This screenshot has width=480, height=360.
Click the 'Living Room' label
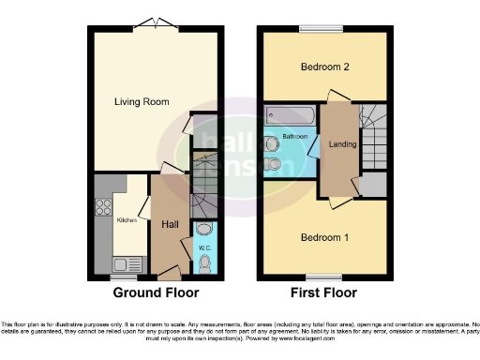(x=141, y=101)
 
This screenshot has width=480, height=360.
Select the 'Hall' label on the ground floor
(x=169, y=224)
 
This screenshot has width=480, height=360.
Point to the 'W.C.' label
(x=203, y=247)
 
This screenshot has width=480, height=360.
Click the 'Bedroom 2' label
(x=324, y=67)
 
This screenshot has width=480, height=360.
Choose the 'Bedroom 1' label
(x=324, y=237)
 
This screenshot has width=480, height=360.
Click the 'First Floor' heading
(x=324, y=293)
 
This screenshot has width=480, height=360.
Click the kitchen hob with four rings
(x=103, y=210)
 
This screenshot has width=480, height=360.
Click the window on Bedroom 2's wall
(x=325, y=26)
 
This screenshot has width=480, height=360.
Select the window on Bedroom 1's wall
(x=325, y=277)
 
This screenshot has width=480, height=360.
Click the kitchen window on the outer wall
(x=122, y=277)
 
